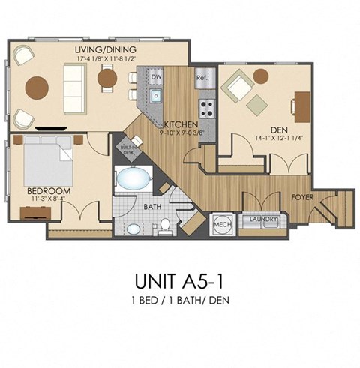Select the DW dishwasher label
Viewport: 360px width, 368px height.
point(156,76)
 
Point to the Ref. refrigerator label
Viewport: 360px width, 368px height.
point(202,77)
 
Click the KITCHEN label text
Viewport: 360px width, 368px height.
point(181,123)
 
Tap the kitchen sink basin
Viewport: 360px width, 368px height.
point(157,95)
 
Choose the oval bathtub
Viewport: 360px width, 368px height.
point(133,181)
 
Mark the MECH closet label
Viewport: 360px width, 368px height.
point(221,223)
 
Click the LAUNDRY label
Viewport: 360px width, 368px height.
point(263,220)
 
